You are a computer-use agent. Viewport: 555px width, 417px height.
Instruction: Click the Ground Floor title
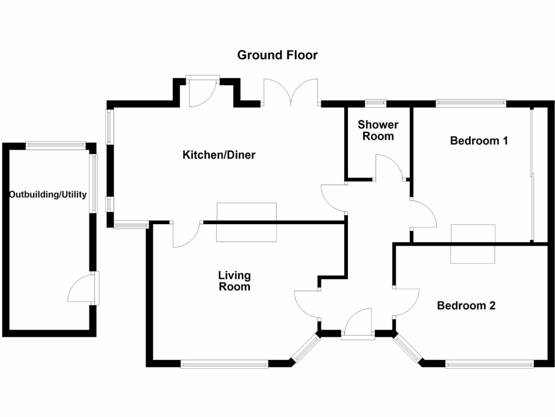pyautogui.click(x=277, y=55)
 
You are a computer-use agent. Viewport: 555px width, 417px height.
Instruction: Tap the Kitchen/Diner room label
pyautogui.click(x=219, y=155)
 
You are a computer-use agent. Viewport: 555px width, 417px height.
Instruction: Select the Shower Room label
pyautogui.click(x=378, y=130)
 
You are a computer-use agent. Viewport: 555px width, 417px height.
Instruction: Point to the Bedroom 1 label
pyautogui.click(x=479, y=141)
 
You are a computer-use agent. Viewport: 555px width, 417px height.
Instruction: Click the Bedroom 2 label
pyautogui.click(x=466, y=305)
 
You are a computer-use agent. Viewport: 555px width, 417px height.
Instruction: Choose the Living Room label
pyautogui.click(x=235, y=281)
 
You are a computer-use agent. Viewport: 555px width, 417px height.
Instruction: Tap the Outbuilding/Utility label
pyautogui.click(x=48, y=194)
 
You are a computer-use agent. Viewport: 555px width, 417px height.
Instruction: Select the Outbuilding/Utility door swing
pyautogui.click(x=81, y=288)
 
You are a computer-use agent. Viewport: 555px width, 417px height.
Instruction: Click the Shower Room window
pyautogui.click(x=375, y=101)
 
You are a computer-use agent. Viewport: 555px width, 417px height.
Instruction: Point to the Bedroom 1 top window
pyautogui.click(x=470, y=101)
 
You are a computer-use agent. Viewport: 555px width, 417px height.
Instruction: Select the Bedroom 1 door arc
pyautogui.click(x=424, y=214)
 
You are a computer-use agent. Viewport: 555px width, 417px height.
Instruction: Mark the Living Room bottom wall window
pyautogui.click(x=224, y=365)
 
